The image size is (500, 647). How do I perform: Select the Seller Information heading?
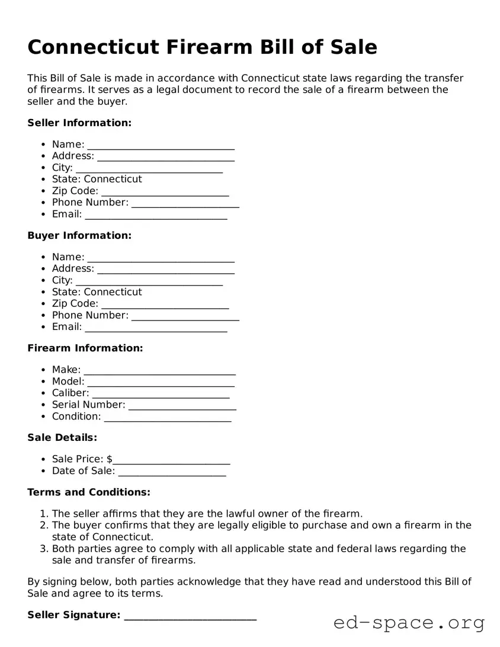click(79, 123)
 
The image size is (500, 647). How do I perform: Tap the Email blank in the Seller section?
click(156, 215)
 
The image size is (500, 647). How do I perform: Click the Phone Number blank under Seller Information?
click(185, 203)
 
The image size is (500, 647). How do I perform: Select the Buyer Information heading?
click(79, 235)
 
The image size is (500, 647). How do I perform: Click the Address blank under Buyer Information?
click(166, 270)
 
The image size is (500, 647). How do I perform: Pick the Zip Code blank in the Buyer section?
click(165, 305)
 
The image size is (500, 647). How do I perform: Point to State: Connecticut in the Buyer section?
click(97, 292)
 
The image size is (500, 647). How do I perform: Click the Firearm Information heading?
click(85, 348)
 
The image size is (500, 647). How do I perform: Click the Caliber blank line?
click(161, 394)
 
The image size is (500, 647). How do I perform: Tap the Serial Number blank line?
click(182, 406)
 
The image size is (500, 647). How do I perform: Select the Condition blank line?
click(168, 418)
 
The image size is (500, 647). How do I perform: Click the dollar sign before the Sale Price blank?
click(110, 459)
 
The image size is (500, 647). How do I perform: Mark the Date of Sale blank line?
click(172, 472)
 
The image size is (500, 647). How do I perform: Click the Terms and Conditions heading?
click(89, 492)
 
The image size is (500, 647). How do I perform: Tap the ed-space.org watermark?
click(409, 623)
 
